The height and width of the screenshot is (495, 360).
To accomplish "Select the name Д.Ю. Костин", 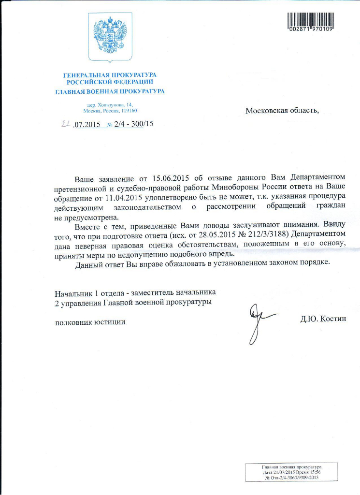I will point(323,319).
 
